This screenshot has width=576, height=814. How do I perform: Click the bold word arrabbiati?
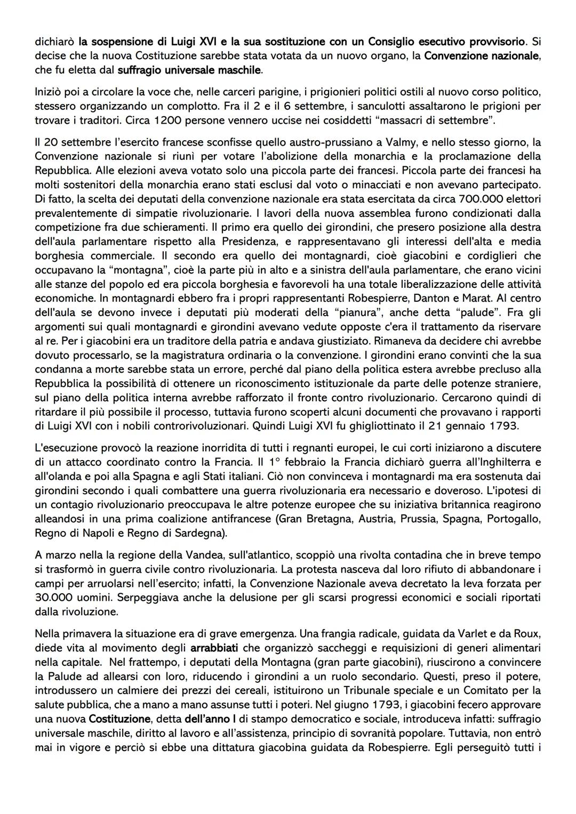(x=214, y=648)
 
